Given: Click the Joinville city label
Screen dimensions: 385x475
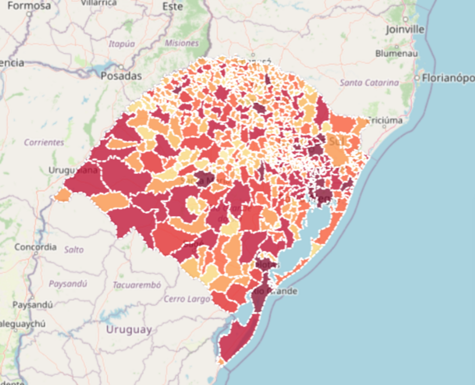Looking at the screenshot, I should tap(405, 30).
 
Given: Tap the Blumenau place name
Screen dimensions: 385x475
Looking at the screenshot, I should tap(397, 53).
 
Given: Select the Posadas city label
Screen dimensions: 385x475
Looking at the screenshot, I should tap(121, 76).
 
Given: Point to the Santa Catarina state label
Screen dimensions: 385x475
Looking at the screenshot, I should tap(369, 83).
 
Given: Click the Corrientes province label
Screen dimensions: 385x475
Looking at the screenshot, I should tap(44, 142).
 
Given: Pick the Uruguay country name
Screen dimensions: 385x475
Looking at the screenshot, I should tap(129, 330).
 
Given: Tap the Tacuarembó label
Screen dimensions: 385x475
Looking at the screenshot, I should tap(137, 285).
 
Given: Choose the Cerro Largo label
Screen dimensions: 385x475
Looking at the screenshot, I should tap(187, 299).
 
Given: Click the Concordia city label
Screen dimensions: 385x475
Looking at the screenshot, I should tap(35, 247).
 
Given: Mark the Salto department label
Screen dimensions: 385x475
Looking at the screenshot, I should tap(74, 250).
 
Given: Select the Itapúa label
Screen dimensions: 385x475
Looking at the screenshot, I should tap(122, 44).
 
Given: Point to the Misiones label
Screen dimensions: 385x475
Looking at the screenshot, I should tap(181, 43).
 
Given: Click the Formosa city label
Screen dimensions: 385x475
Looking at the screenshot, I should tap(29, 6).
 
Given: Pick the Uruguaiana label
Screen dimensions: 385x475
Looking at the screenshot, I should tap(73, 170).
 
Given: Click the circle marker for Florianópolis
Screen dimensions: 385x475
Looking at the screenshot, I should tap(417, 78).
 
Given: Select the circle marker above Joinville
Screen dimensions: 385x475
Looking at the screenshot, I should tap(405, 19).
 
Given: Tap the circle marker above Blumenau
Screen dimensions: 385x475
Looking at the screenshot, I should tap(397, 46).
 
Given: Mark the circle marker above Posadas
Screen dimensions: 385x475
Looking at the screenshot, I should tap(121, 67).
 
